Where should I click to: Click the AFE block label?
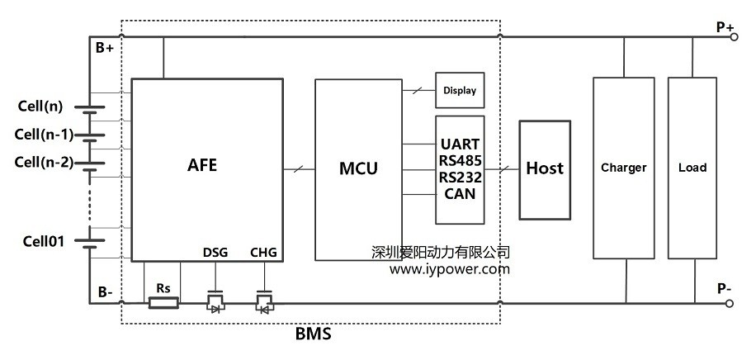(x=201, y=164)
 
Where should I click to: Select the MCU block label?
(x=358, y=168)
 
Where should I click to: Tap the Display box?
(x=459, y=90)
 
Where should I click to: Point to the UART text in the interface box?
(x=460, y=144)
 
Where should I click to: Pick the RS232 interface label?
(x=460, y=178)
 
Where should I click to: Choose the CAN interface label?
(x=460, y=194)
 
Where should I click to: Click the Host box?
(x=545, y=168)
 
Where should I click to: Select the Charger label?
(x=623, y=168)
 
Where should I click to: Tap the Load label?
(x=692, y=168)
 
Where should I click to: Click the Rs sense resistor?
(x=163, y=303)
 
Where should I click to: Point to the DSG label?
(x=216, y=253)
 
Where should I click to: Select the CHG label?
(x=263, y=253)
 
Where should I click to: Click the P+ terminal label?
(x=725, y=27)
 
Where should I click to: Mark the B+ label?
(x=105, y=48)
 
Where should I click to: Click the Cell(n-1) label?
(x=44, y=134)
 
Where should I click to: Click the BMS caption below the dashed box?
(x=313, y=335)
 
